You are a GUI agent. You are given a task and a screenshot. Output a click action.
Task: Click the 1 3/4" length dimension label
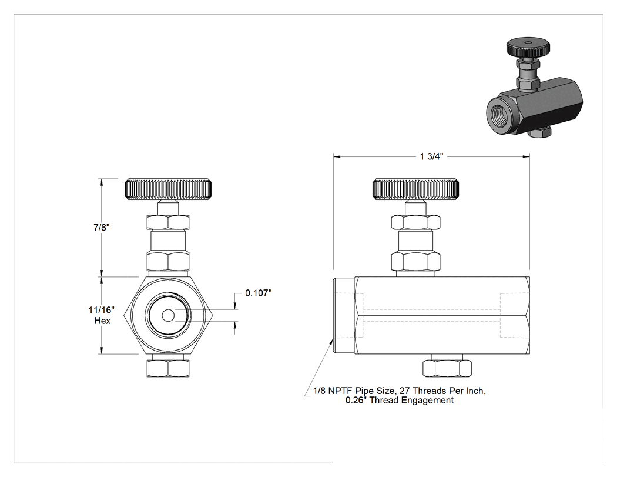[x=431, y=157]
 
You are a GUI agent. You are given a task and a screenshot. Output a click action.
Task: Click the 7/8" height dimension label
[x=102, y=228]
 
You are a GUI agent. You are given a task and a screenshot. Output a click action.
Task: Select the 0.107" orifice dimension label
[x=259, y=293]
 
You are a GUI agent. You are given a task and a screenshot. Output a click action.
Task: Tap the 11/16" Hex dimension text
[x=102, y=315]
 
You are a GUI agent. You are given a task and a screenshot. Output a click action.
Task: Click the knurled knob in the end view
[x=168, y=189]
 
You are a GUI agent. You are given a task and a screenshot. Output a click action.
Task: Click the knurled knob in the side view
[x=415, y=189]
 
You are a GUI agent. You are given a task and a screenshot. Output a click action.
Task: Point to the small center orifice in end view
[x=169, y=315]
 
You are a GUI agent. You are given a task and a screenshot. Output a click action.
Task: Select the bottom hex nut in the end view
[x=168, y=368]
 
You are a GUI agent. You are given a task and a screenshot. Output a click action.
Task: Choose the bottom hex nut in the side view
[x=447, y=368]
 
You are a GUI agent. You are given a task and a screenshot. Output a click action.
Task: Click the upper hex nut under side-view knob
[x=415, y=222]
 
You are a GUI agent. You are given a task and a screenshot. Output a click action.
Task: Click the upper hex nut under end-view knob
[x=168, y=222]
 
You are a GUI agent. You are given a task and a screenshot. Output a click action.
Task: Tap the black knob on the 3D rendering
[x=527, y=47]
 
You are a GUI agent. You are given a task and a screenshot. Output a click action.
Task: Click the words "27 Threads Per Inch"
[x=442, y=391]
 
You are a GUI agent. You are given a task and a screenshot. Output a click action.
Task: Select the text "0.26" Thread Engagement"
[x=400, y=401]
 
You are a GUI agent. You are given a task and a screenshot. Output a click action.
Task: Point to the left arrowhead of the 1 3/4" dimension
[x=337, y=157]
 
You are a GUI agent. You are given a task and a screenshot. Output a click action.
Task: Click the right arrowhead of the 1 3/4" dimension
[x=526, y=157]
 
